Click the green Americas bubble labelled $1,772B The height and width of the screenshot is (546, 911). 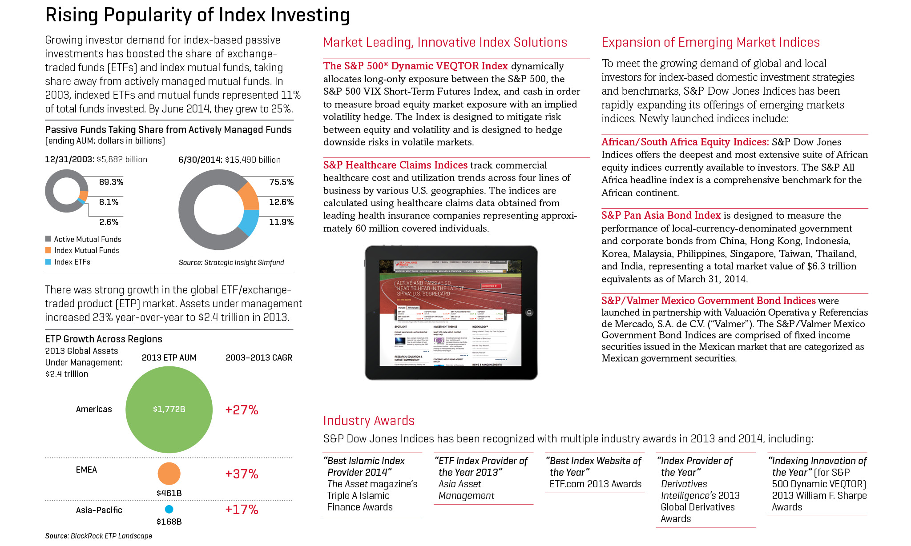coord(169,409)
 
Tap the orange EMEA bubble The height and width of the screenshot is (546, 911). coord(169,474)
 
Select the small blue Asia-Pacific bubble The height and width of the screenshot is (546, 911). coord(169,510)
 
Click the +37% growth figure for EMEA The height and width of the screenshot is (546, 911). coord(242,474)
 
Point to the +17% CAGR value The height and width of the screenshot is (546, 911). coord(242,510)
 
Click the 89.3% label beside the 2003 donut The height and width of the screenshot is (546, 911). coord(111,182)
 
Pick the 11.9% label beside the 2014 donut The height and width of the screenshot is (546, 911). coord(281,222)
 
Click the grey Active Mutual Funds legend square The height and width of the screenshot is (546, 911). coord(48,239)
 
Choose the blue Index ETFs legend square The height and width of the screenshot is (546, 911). coord(48,262)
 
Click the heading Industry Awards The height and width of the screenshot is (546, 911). coord(369,421)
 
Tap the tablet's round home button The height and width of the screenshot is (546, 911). coord(529,313)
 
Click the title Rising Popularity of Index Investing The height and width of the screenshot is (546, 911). coord(198,15)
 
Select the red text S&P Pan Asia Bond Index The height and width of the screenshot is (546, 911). coord(661,215)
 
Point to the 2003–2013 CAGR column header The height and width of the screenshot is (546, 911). coord(259,357)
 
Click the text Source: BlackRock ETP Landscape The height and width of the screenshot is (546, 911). coord(98,536)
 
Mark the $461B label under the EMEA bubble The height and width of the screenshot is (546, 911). coord(169,493)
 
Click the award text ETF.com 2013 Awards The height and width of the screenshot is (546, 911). coord(595,484)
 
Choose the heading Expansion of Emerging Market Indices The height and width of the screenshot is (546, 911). coord(710,43)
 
